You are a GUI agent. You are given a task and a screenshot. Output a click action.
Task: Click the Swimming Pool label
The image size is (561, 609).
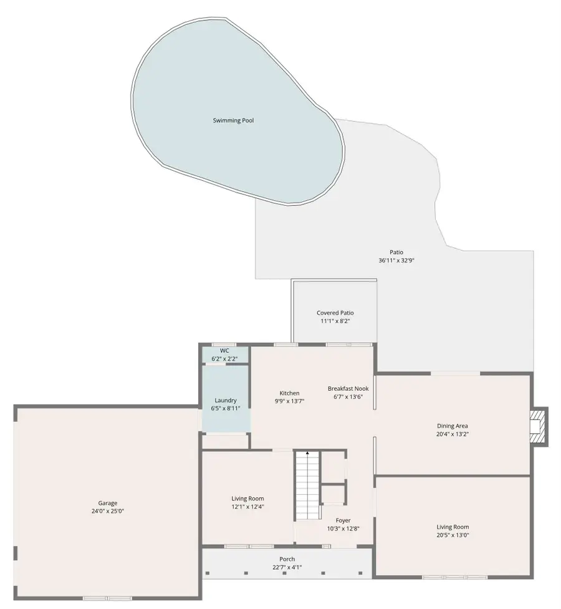coord(233,120)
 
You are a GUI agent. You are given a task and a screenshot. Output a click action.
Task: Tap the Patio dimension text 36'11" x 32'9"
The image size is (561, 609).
coord(396,261)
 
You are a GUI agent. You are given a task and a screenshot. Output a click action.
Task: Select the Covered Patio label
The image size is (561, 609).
coord(334,313)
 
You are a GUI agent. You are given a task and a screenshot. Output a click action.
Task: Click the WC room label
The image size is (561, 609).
coord(224,350)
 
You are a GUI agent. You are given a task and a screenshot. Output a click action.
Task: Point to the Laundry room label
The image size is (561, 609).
coord(225,400)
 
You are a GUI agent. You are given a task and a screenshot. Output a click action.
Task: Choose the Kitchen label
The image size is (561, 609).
coord(289,393)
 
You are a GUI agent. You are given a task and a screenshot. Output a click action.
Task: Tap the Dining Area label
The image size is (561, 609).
coord(452,426)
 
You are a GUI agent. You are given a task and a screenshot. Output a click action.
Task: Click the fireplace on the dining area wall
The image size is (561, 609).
coord(537,426)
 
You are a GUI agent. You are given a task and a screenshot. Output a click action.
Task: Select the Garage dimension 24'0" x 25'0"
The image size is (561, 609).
coord(107,511)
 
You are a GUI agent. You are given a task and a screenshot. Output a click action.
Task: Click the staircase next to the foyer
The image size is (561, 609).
coord(307,486)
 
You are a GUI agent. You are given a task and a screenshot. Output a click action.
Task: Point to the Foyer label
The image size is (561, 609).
coord(343,520)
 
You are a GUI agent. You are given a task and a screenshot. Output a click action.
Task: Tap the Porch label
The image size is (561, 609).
coord(287,559)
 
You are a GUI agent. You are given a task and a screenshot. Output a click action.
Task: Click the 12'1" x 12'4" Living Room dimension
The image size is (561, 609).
coord(247,506)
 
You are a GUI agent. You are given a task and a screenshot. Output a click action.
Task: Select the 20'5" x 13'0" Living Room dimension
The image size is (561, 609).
coord(453,535)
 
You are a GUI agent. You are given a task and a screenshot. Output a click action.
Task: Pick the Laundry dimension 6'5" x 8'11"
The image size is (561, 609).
coord(225,408)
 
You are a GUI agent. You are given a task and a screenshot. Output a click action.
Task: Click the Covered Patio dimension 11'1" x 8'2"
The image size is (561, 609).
coord(334,321)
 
